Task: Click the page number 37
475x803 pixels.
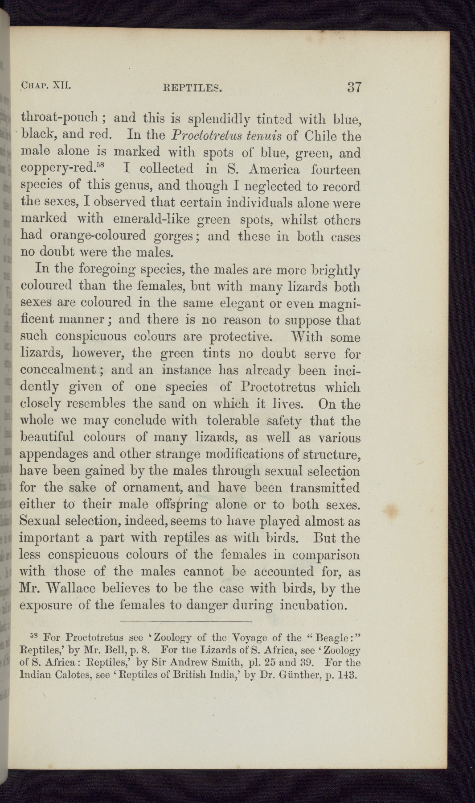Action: pos(351,87)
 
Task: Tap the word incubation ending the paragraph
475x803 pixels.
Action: pos(314,605)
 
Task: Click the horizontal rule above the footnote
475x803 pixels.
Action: pos(186,621)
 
